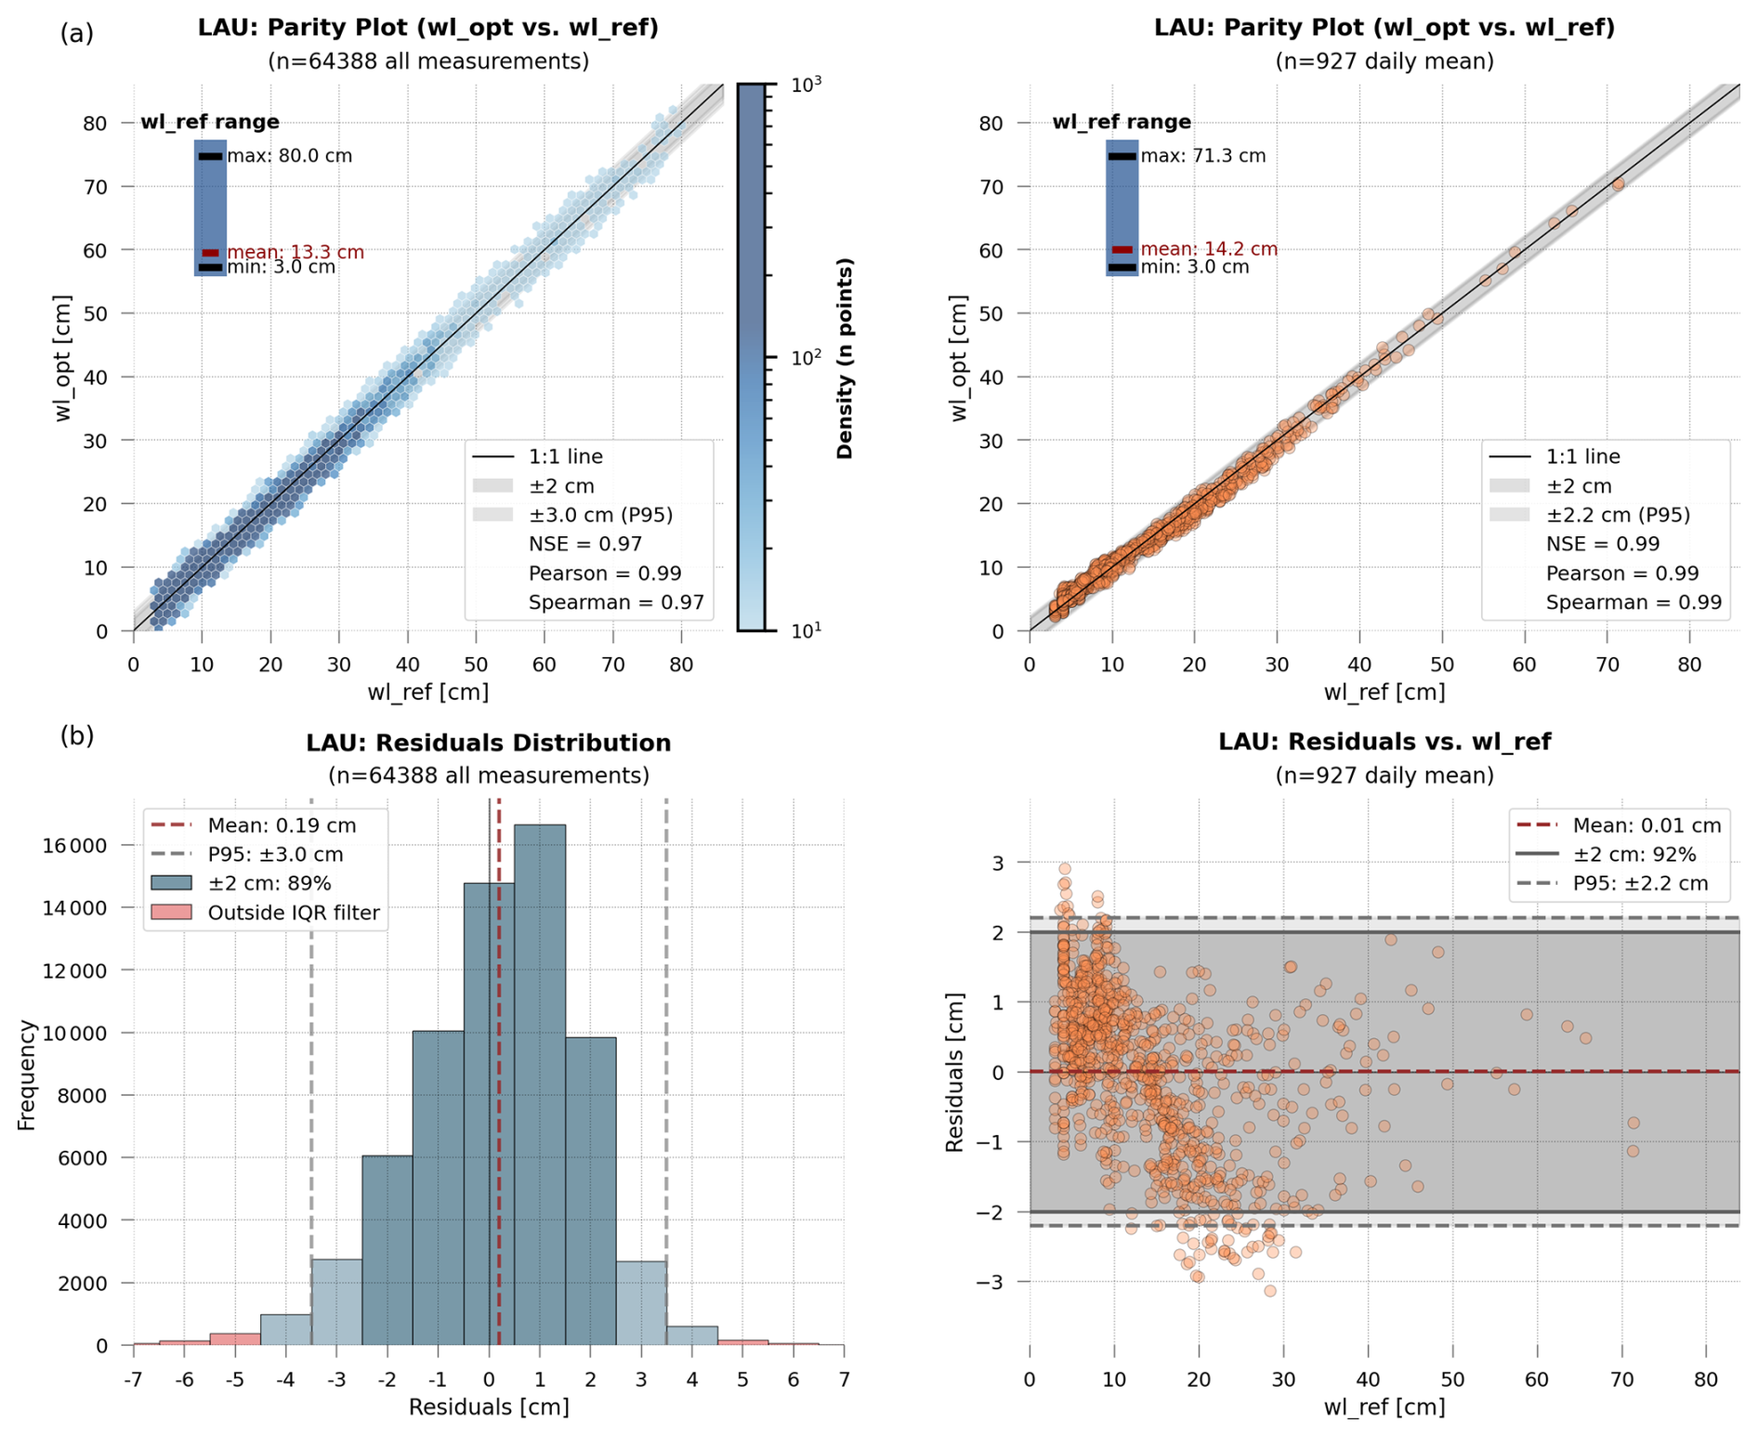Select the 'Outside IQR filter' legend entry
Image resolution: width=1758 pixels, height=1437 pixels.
tap(293, 913)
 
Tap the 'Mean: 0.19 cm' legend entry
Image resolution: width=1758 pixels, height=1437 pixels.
tap(282, 825)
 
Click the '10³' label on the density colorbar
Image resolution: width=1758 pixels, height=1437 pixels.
tap(806, 85)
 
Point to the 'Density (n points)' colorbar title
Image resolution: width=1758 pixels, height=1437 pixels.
tap(845, 358)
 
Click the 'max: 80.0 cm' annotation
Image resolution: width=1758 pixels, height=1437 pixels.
tap(289, 156)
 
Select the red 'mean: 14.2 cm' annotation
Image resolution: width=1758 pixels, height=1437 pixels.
tap(1208, 249)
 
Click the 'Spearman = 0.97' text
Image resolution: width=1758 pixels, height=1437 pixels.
tap(616, 602)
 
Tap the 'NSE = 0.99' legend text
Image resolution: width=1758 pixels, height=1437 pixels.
tap(1602, 544)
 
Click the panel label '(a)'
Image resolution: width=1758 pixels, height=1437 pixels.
tap(77, 33)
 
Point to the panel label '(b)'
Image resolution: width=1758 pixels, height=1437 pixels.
tap(77, 736)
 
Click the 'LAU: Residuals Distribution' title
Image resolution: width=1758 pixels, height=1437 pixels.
tap(488, 743)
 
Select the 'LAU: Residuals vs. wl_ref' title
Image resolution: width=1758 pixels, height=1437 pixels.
tap(1384, 742)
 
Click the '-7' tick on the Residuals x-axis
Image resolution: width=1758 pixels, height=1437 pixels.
tap(134, 1378)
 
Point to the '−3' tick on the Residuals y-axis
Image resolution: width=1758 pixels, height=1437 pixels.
tap(991, 1282)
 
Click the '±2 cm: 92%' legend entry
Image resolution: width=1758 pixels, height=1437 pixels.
tap(1633, 854)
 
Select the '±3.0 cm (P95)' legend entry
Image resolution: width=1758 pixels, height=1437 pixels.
tap(600, 515)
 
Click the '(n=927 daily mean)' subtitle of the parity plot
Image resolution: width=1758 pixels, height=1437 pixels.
tap(1384, 61)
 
